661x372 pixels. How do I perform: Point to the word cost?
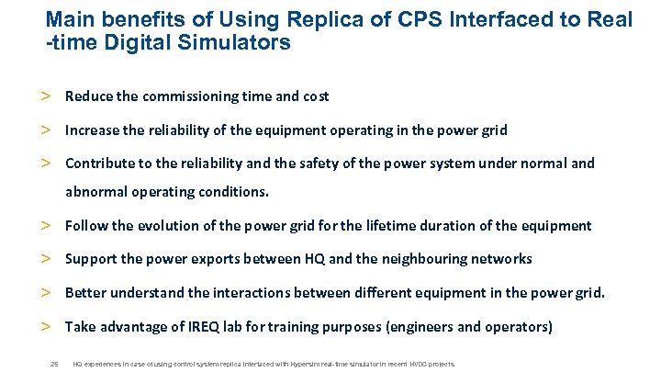315,96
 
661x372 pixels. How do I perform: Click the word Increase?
92,130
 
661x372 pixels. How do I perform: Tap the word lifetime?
394,225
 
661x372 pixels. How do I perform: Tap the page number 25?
54,364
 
